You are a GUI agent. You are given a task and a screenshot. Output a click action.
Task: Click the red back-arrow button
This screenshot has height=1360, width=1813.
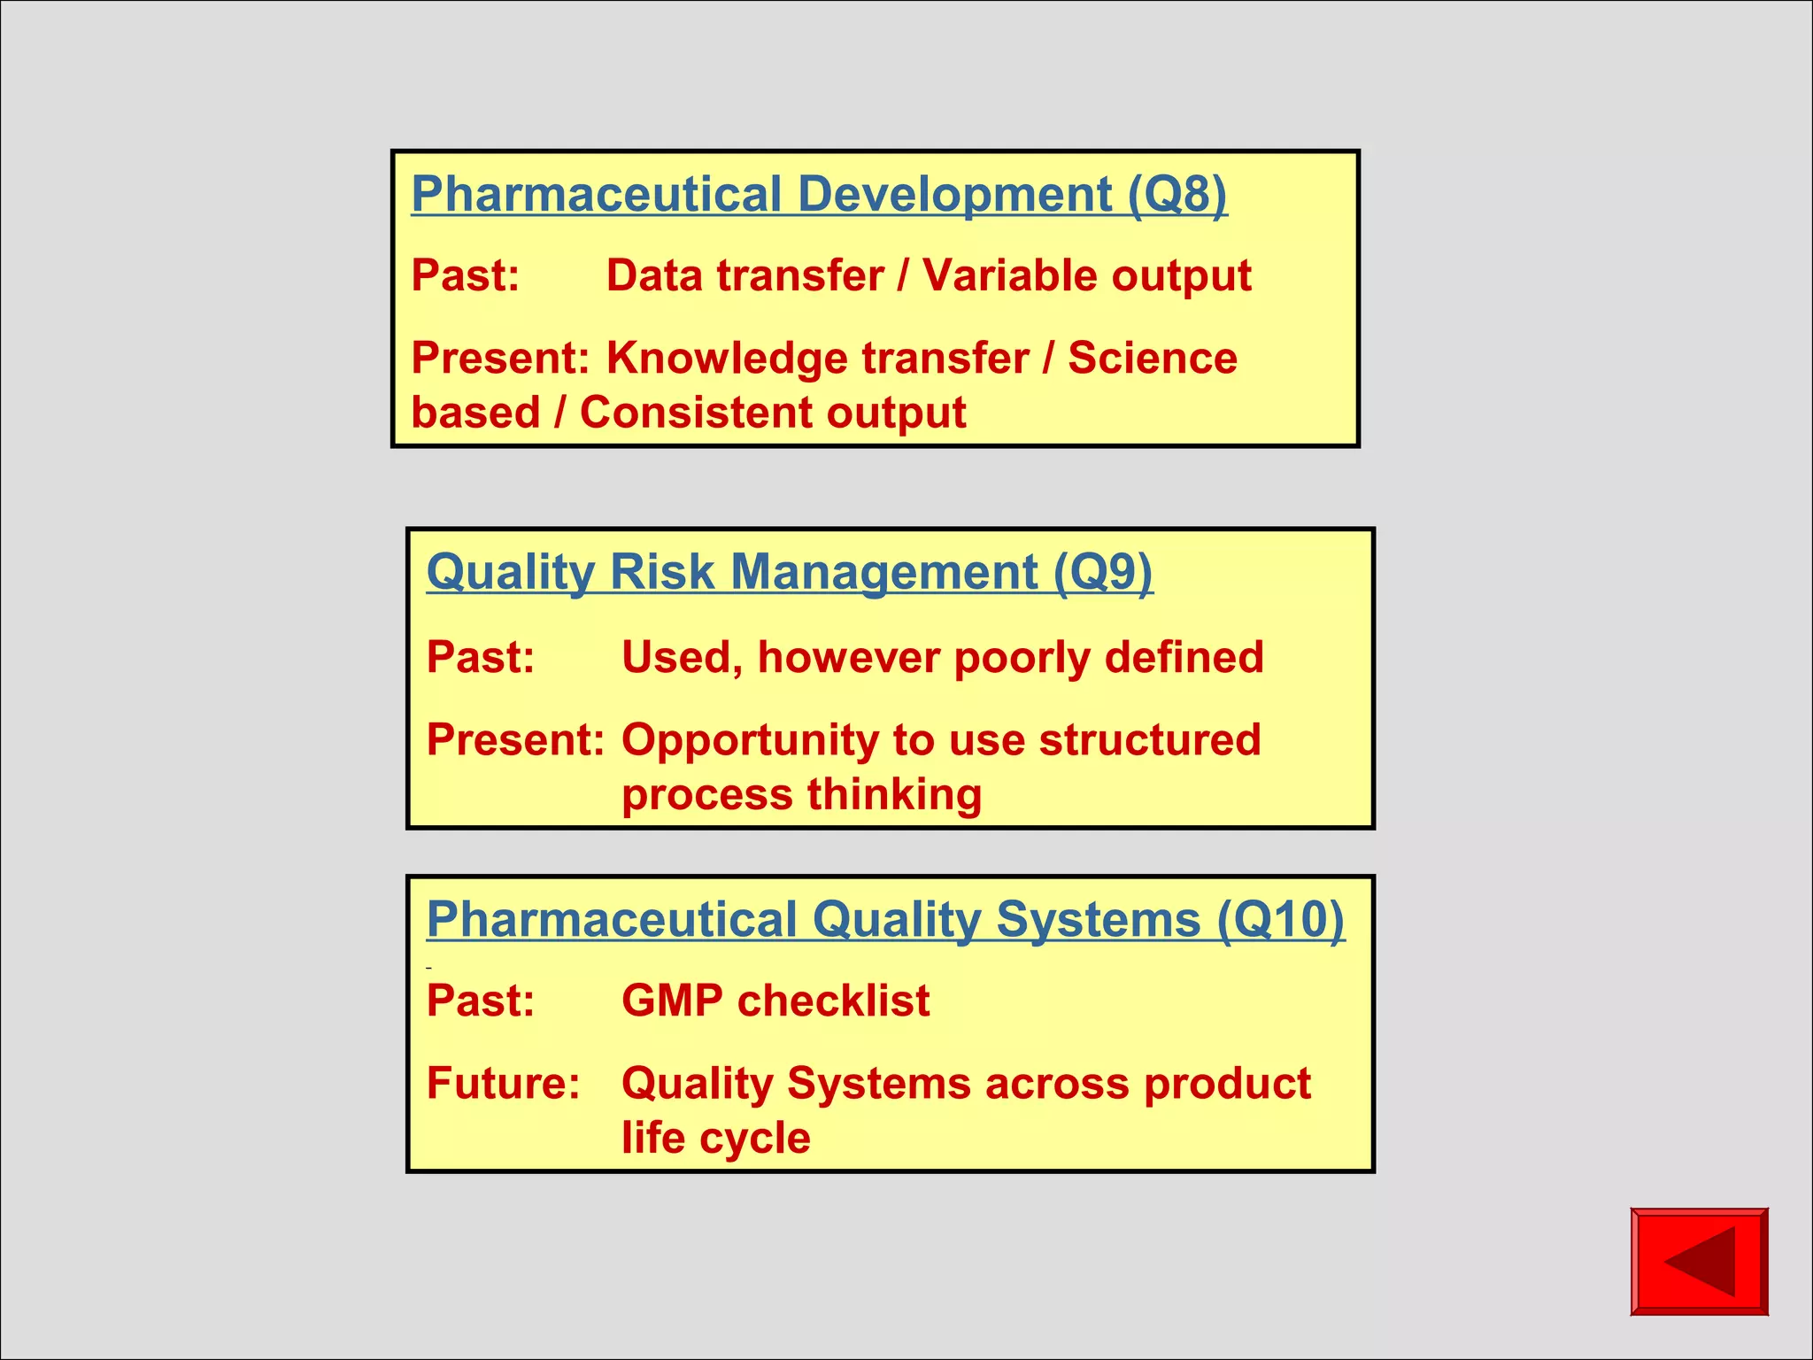(x=1699, y=1261)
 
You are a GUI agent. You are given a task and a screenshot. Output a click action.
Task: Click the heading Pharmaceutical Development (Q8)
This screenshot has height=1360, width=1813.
(x=819, y=194)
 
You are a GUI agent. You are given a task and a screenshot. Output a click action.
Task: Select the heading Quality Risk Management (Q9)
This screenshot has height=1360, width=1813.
(x=789, y=572)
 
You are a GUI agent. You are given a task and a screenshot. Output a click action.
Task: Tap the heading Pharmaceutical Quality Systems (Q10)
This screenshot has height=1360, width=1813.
(x=885, y=919)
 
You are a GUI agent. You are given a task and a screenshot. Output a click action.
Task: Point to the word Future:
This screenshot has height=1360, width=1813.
(x=503, y=1083)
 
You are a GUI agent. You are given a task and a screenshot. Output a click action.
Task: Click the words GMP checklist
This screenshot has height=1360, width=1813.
(x=775, y=1001)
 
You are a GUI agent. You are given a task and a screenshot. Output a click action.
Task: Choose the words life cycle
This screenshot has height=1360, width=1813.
(x=715, y=1138)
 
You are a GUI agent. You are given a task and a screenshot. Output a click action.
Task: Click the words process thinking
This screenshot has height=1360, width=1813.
(x=801, y=794)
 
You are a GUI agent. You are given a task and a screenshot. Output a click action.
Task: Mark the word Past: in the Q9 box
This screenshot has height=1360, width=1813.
(x=481, y=658)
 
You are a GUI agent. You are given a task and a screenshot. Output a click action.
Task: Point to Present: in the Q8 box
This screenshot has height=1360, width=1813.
(x=500, y=359)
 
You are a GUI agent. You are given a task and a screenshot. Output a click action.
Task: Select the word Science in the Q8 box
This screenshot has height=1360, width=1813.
(x=1152, y=359)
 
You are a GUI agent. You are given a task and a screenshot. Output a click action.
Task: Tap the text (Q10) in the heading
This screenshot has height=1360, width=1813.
(x=1280, y=919)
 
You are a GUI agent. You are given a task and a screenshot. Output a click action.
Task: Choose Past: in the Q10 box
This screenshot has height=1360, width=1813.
(x=481, y=1001)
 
